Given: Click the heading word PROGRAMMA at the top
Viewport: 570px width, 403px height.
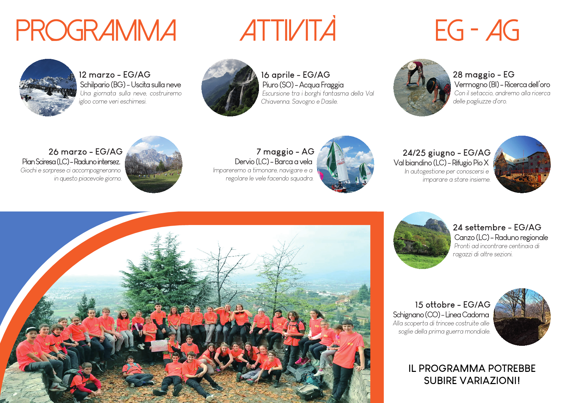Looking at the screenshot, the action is click(x=96, y=30).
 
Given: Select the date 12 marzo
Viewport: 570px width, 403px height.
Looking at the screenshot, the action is click(x=97, y=75).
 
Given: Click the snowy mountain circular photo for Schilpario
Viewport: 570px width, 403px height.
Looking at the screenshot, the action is click(x=48, y=88).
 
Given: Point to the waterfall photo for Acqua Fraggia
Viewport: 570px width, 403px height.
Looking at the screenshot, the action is click(x=230, y=88).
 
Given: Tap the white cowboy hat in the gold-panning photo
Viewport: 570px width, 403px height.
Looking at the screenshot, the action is click(x=412, y=66).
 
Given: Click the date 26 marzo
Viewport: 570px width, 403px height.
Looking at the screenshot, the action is click(x=68, y=152).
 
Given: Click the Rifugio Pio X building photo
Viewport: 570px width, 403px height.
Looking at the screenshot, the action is click(x=522, y=164).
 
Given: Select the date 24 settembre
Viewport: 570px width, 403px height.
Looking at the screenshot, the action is click(x=479, y=227).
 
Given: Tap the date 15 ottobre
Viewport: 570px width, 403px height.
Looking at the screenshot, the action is click(x=435, y=305).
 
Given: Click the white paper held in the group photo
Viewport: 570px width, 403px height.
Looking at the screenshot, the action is click(x=159, y=346).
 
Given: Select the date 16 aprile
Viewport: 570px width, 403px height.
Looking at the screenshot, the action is click(x=278, y=75).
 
